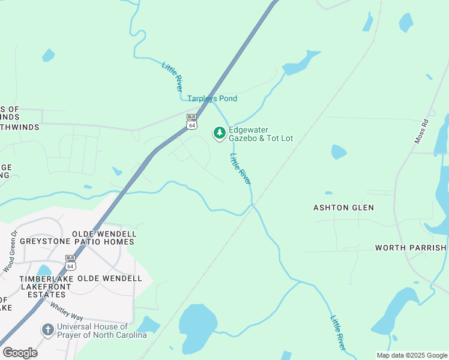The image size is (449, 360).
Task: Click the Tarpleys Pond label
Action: click(x=212, y=98)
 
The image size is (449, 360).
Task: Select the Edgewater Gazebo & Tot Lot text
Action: click(x=261, y=134)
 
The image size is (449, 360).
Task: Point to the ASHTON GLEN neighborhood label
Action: click(x=343, y=208)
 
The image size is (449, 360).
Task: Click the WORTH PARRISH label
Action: click(x=411, y=248)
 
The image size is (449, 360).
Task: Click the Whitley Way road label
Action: click(x=66, y=310)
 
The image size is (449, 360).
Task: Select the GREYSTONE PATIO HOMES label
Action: click(x=77, y=241)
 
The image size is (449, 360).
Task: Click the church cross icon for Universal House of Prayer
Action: click(x=47, y=330)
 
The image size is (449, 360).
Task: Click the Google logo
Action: click(x=20, y=353)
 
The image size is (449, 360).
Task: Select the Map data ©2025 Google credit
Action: click(x=412, y=355)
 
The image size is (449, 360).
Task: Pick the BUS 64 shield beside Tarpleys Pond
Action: click(x=191, y=121)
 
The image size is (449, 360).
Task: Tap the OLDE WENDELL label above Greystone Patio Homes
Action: click(x=104, y=233)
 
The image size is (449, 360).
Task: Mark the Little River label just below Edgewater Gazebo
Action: click(x=241, y=169)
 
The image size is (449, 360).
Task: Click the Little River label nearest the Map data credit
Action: click(x=338, y=333)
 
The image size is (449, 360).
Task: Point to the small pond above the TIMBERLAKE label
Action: click(x=43, y=270)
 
